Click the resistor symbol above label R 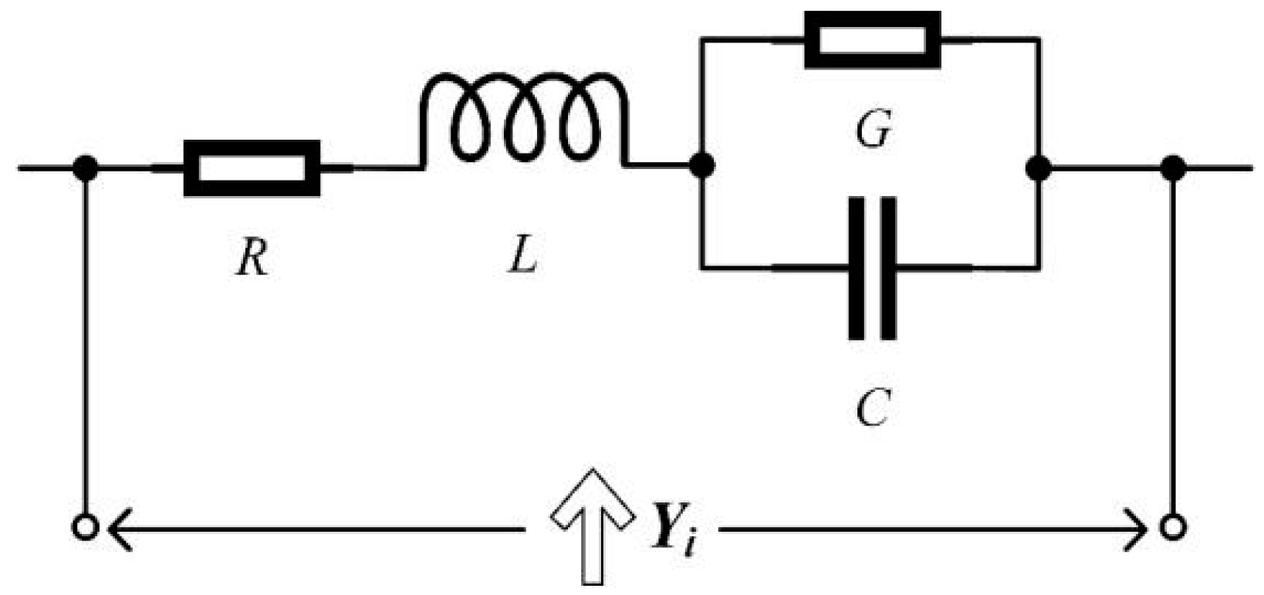point(252,167)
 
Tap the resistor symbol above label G point(872,39)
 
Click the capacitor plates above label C point(872,268)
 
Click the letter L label point(522,256)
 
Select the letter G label point(873,130)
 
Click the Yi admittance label point(674,528)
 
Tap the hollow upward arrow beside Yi point(592,525)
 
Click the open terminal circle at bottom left point(84,529)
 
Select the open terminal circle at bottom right point(1173,529)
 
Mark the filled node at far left point(85,167)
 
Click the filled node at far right point(1173,167)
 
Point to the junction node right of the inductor point(701,166)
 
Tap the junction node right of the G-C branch point(1039,167)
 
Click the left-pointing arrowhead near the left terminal point(120,529)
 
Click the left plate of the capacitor point(857,268)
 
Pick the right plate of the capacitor point(888,268)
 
